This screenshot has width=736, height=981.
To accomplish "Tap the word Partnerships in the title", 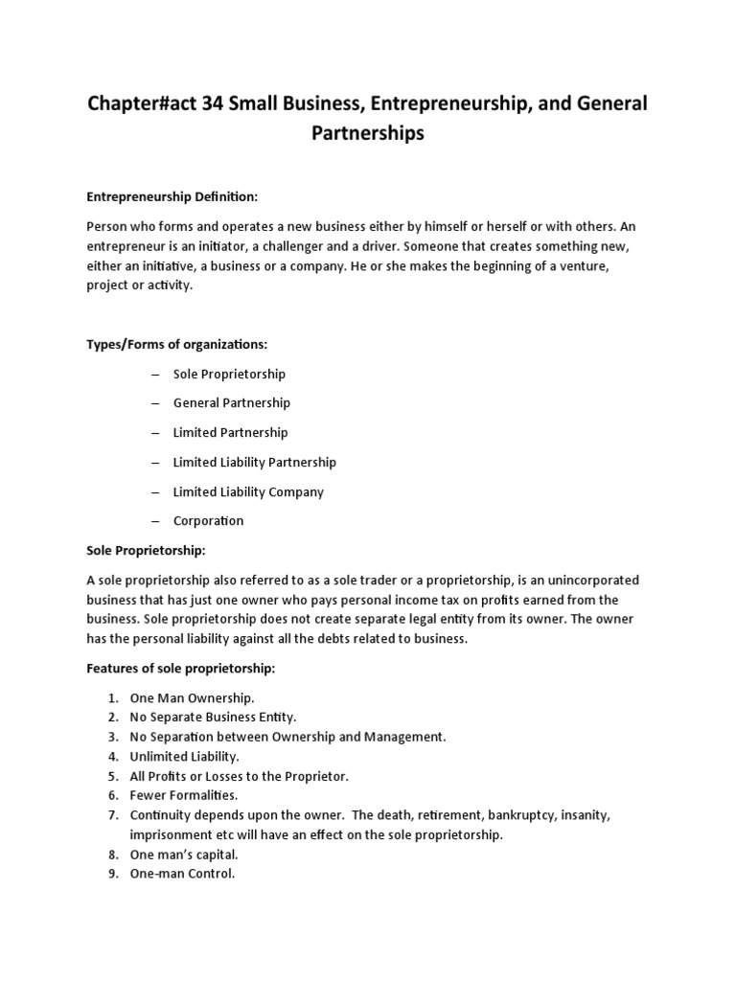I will [x=368, y=133].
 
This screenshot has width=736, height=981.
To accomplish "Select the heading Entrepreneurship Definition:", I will [x=172, y=196].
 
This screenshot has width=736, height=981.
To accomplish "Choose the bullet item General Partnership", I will [x=231, y=402].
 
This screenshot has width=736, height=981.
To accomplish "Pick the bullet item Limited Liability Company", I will [x=248, y=491].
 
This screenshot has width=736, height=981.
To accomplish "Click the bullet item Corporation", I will [x=208, y=521].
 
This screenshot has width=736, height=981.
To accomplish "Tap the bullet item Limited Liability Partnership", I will [x=254, y=462].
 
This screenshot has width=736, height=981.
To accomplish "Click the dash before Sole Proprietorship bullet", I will [x=154, y=374].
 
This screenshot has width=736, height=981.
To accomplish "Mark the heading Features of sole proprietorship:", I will [x=181, y=668].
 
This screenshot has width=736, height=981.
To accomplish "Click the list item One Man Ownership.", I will [x=192, y=697].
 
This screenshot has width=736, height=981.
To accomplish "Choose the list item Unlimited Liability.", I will [x=184, y=756].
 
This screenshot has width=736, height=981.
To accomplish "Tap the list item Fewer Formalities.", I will [x=183, y=795].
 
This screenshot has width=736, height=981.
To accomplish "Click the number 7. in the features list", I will [x=112, y=815].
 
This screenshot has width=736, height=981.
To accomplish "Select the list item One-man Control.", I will [x=182, y=874].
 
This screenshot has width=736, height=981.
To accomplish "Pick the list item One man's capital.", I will [x=184, y=855].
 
